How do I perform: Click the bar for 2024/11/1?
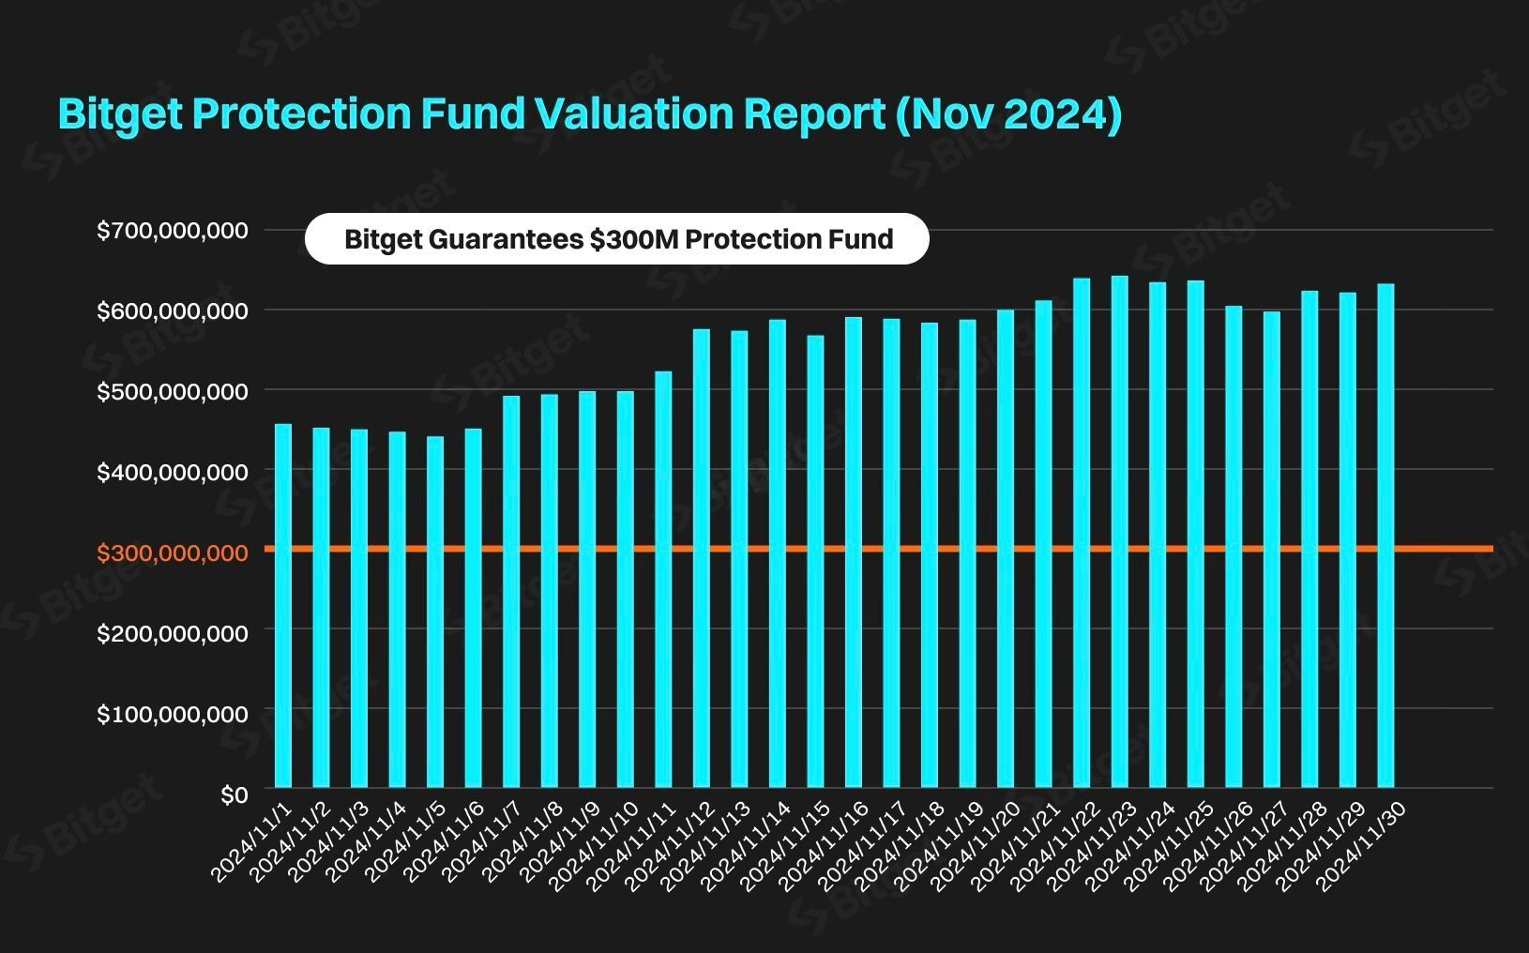coord(283,606)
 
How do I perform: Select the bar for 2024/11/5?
coord(435,613)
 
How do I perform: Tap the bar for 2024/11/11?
coord(663,580)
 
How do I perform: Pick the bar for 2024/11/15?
coord(816,561)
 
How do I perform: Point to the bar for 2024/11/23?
coord(1119,532)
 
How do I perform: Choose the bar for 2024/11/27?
coord(1272,550)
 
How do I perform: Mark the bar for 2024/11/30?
coord(1385,536)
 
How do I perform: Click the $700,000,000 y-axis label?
coord(172,231)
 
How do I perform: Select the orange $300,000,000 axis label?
coord(172,552)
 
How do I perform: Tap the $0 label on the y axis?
coord(235,794)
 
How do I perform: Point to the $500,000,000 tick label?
coord(172,392)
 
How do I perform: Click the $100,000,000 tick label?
coord(172,714)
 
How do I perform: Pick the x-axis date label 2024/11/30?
coord(1361,846)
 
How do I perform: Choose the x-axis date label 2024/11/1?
coord(251,842)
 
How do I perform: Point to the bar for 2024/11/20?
coord(1006,549)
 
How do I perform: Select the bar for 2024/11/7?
coord(511,592)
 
